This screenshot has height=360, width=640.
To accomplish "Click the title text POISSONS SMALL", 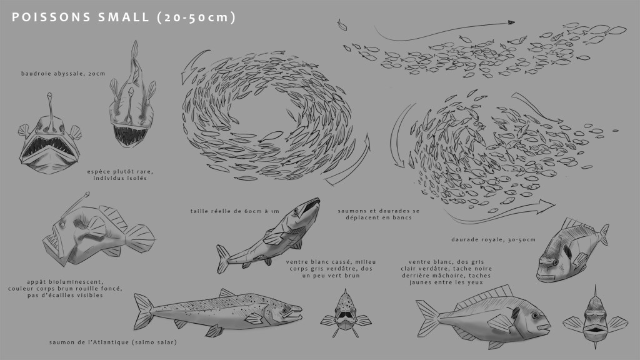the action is (81, 17).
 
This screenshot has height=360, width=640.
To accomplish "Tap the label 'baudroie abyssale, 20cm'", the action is (63, 74).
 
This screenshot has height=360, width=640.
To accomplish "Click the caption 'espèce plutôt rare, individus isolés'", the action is (120, 175).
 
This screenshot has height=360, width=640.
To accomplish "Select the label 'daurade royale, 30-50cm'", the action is (493, 239).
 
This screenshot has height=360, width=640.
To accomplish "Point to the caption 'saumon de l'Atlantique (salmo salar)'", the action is (113, 342).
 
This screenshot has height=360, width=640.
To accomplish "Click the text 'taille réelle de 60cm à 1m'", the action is (235, 211).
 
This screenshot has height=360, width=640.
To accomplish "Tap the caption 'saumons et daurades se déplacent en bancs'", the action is (378, 214).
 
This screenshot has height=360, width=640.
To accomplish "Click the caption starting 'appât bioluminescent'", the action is (65, 289).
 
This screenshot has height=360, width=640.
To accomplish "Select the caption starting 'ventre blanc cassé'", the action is (331, 269).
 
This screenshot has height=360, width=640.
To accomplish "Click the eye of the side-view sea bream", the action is (535, 316).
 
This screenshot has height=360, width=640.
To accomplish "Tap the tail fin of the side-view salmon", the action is (144, 311).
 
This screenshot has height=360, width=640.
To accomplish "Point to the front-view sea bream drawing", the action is (595, 318).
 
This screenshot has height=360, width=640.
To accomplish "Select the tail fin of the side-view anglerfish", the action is (140, 238).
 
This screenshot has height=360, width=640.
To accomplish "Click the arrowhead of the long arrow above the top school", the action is (511, 23).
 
